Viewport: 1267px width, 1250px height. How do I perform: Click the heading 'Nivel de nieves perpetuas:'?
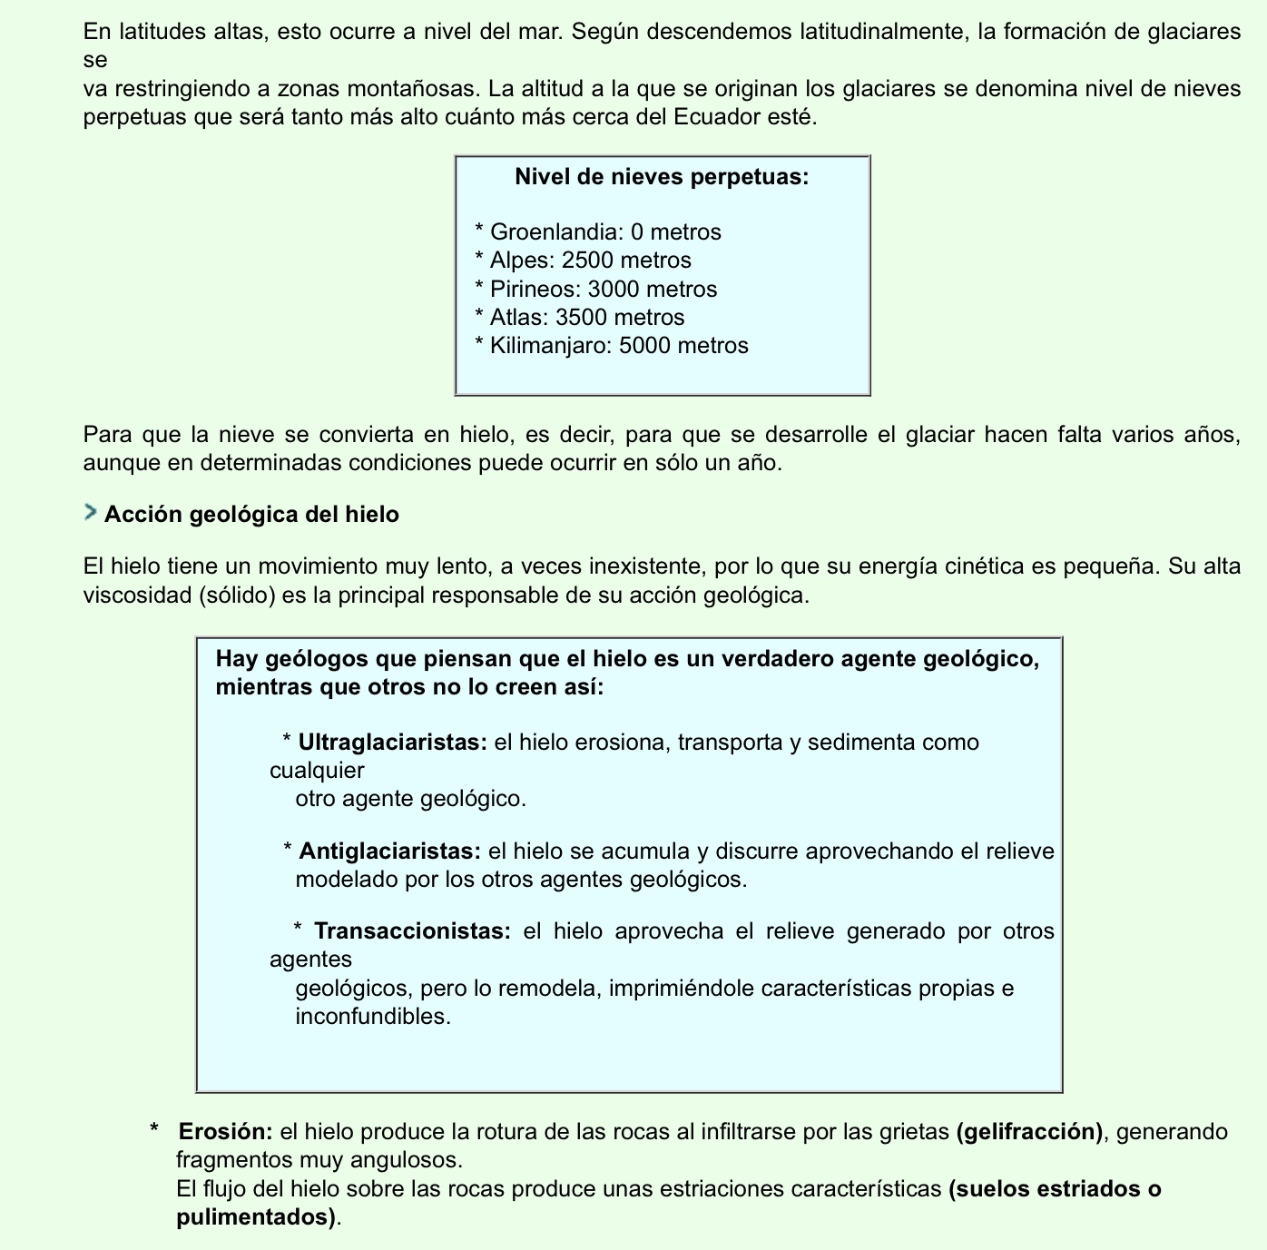(662, 176)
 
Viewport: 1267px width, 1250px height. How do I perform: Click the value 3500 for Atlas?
(581, 318)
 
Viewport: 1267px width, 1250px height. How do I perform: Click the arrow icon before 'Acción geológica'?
(90, 513)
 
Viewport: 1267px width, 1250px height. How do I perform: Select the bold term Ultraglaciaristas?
(393, 743)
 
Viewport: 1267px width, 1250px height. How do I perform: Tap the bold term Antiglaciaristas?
(389, 851)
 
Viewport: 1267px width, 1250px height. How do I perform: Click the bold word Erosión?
(225, 1132)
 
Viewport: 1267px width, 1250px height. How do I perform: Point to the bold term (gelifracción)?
(1029, 1132)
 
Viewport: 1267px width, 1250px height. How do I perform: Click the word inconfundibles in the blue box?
(373, 1017)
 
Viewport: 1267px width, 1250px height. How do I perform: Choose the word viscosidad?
(131, 596)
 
